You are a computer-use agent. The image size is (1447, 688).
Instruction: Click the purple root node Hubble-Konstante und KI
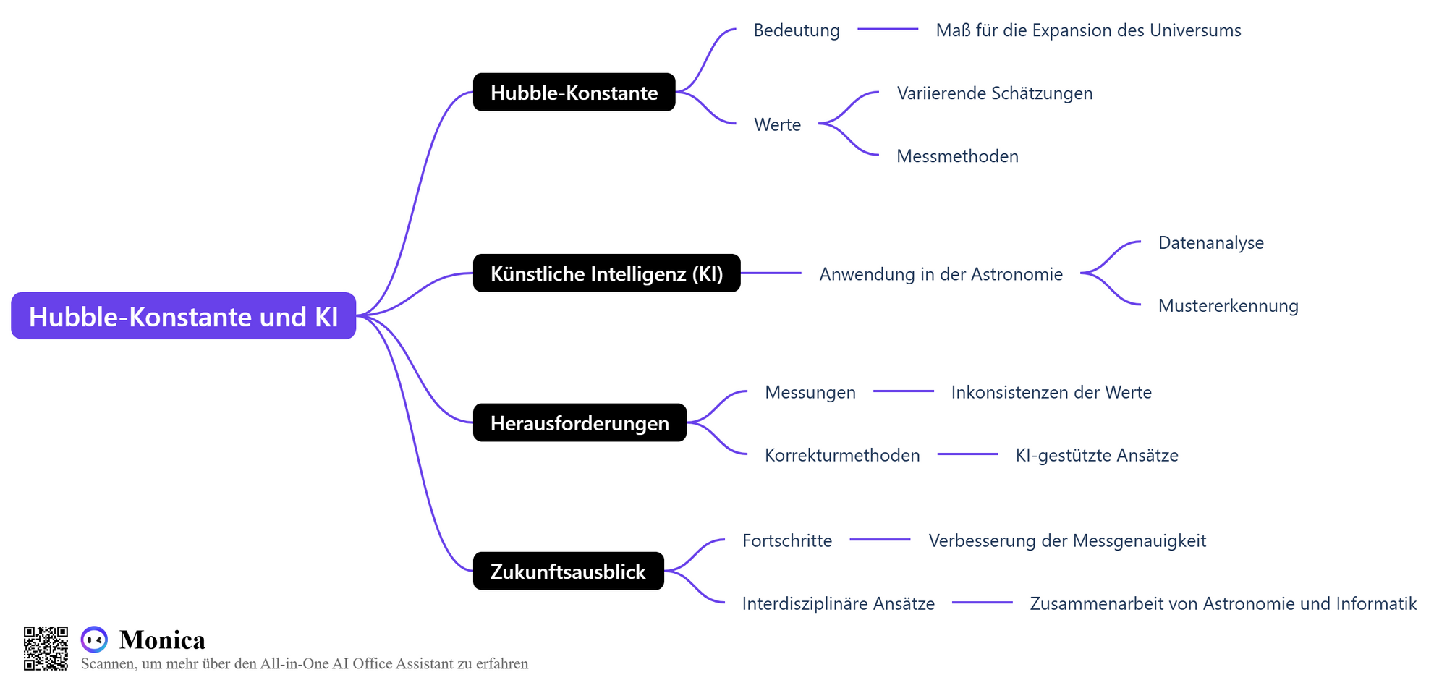point(184,316)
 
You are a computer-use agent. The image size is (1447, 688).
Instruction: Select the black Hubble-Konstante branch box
point(574,92)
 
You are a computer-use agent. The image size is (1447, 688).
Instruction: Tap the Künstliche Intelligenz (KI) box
point(607,273)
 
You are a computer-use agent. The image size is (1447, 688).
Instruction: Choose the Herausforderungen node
point(580,422)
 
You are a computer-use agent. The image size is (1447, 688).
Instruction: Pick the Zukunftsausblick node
point(569,571)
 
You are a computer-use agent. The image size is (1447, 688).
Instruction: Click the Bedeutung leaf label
point(797,30)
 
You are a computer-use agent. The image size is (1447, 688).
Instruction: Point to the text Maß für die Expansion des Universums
point(1088,30)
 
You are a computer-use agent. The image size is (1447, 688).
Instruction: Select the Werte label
point(778,124)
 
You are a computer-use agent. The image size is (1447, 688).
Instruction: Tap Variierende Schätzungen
point(995,93)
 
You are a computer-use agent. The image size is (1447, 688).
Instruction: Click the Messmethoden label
point(957,156)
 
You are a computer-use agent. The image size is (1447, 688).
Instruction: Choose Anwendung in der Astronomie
point(941,274)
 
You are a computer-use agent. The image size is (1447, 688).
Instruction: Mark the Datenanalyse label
point(1211,243)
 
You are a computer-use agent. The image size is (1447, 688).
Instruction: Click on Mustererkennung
point(1229,306)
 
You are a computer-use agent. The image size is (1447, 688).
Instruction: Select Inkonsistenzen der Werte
point(1051,392)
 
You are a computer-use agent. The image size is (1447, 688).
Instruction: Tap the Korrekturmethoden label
point(842,455)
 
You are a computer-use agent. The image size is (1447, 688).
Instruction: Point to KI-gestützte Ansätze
point(1097,455)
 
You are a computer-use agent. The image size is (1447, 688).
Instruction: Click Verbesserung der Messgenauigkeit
point(1067,540)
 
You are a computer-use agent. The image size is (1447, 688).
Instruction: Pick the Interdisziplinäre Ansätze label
point(839,603)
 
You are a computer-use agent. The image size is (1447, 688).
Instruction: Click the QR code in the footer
point(46,648)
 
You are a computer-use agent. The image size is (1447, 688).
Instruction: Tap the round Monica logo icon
point(94,640)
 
